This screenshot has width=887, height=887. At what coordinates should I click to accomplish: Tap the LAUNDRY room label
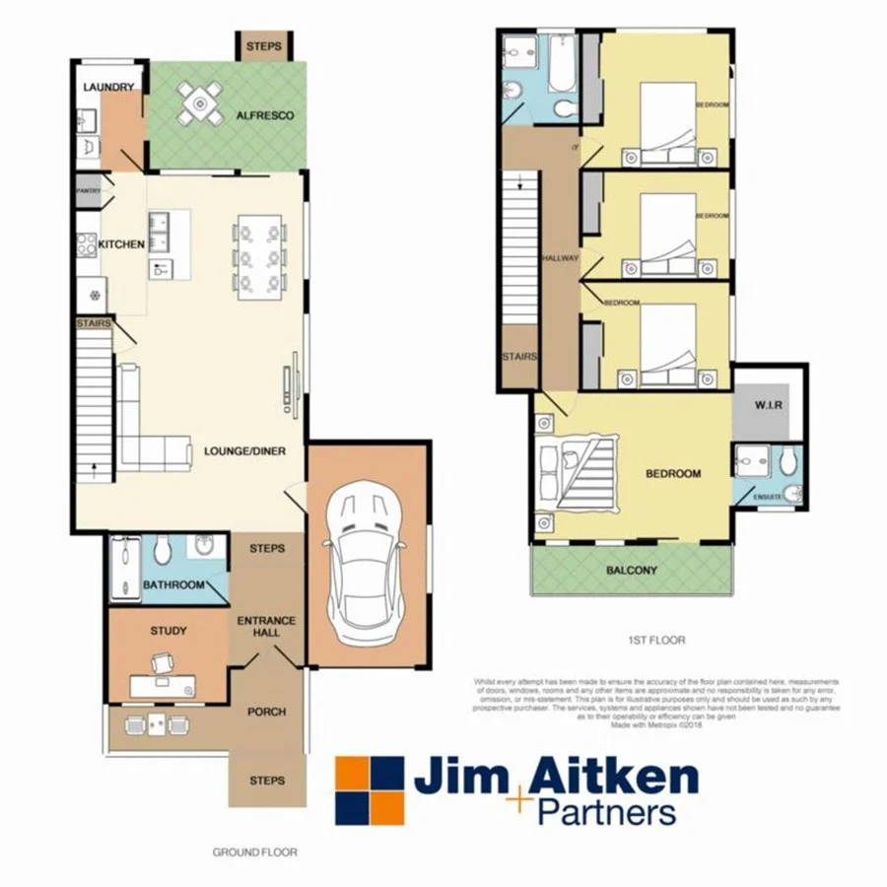coord(108,88)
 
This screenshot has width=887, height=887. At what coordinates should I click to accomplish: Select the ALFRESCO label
coord(265,116)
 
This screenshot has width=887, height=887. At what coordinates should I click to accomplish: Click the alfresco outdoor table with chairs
coord(200,102)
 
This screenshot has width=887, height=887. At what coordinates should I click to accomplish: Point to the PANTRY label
coord(89,189)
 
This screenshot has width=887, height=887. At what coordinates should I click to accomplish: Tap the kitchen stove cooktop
coord(87,243)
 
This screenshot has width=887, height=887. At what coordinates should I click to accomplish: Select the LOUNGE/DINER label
coord(246,452)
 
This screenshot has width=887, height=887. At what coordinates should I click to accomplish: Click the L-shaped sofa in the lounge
coord(148,434)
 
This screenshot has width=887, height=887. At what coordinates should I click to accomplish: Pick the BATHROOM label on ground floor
coord(173,585)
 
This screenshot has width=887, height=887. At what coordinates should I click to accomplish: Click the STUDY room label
coord(168,631)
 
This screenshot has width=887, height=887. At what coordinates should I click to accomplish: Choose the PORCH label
coord(266,712)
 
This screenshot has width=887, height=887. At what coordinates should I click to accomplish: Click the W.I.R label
coord(769,404)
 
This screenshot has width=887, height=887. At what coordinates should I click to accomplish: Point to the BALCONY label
coord(632,571)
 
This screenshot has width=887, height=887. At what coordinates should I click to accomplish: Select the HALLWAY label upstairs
coord(560,258)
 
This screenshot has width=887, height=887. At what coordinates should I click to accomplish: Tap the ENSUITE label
coord(768,497)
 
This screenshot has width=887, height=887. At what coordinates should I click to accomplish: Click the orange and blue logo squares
coord(370,790)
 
